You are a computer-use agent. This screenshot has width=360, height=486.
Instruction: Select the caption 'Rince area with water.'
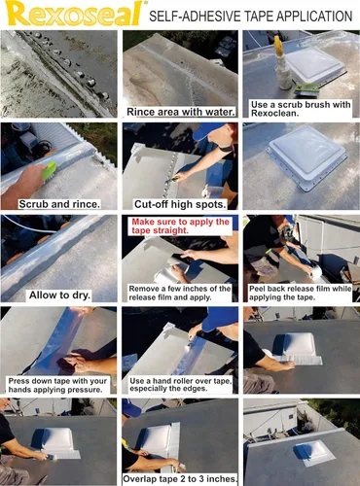coord(182,112)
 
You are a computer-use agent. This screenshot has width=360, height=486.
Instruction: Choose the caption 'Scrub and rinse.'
coord(60,203)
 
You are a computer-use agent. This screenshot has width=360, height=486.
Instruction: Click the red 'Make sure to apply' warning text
coord(180,227)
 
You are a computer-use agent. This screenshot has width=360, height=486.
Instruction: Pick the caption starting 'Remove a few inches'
coord(180,295)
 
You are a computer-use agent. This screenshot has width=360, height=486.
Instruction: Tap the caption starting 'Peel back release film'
coord(300,295)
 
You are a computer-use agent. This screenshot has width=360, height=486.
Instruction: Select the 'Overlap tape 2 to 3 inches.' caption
coord(180,479)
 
